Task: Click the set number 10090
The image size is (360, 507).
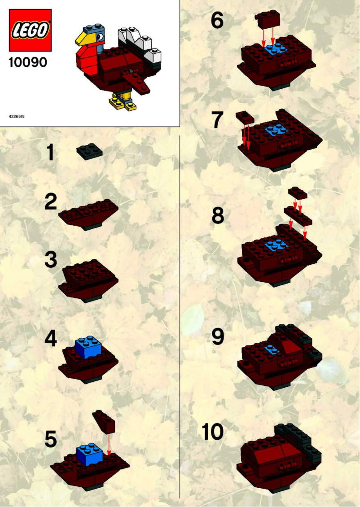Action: tap(28, 62)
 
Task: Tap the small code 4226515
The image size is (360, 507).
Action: tap(17, 116)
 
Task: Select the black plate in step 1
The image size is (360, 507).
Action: tap(89, 151)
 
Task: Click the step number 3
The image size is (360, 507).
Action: tap(51, 260)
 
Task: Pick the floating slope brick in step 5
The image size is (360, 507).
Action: tap(104, 422)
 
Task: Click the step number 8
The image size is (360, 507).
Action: tap(218, 216)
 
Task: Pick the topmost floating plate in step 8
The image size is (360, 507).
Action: tap(298, 193)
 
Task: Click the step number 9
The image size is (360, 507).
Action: tap(218, 337)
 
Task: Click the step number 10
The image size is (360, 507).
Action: tap(212, 433)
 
